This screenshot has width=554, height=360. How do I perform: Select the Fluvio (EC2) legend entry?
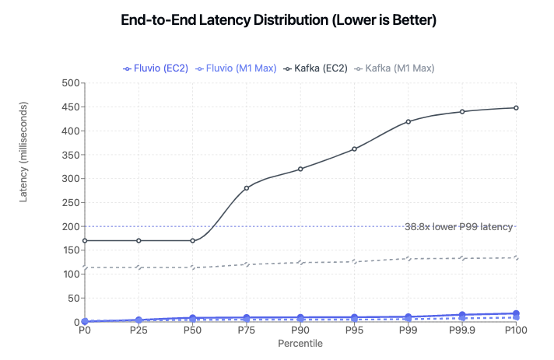(156, 68)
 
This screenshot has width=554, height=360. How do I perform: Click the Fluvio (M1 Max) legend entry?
(235, 68)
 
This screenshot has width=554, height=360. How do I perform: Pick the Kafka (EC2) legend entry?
(315, 68)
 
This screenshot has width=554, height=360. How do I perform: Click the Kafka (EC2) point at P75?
(247, 188)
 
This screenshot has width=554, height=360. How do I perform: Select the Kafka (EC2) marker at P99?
(408, 121)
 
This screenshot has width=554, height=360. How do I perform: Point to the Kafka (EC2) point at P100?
(516, 108)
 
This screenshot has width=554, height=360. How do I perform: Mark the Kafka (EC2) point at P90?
(300, 169)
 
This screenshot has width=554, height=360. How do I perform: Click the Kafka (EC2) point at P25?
(138, 240)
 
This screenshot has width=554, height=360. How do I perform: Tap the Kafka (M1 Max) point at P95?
(354, 262)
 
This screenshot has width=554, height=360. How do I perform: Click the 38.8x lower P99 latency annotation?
(458, 227)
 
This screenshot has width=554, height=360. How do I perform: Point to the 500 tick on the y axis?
(70, 83)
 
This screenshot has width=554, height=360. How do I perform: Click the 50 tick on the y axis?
(72, 298)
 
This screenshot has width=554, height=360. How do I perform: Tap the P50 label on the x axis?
(192, 330)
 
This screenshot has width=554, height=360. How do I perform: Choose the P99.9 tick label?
(462, 330)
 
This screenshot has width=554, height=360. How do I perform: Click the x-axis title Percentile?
(300, 343)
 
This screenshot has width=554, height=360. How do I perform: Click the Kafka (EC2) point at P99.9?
(462, 112)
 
